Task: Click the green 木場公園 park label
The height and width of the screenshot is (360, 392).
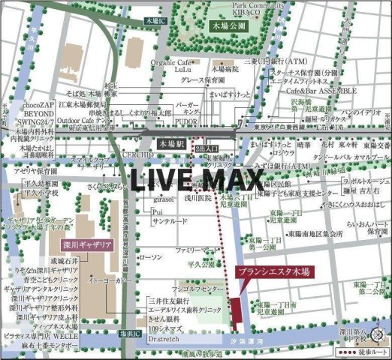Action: click(x=227, y=25)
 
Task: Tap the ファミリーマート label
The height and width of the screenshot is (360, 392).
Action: click(x=198, y=249)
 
